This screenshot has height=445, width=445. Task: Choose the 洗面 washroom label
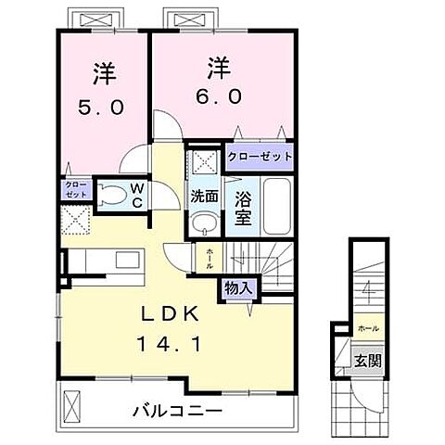pos(205,197)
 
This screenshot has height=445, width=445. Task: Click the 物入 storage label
pos(237,288)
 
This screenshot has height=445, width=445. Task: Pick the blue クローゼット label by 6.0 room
pos(260,157)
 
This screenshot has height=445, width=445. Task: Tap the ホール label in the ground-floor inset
pos(369,327)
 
